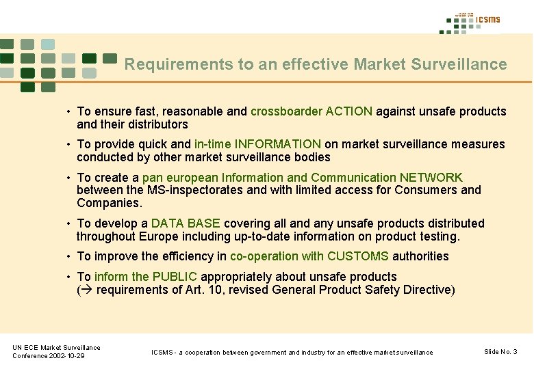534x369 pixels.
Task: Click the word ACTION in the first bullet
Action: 349,111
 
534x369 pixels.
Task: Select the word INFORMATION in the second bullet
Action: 277,144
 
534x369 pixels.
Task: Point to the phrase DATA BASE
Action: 186,223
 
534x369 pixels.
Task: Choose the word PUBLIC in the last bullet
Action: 175,277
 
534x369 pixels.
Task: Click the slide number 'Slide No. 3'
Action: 500,352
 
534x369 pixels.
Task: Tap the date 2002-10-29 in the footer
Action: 66,356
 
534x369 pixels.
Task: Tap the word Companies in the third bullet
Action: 108,203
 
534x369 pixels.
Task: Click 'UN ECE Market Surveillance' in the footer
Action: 56,348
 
